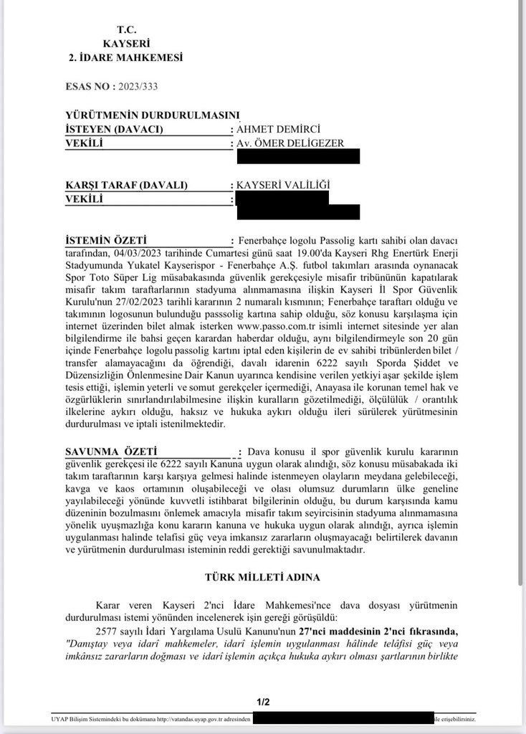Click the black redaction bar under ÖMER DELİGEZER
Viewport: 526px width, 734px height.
(297, 156)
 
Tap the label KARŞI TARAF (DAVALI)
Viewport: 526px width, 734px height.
(125, 185)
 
